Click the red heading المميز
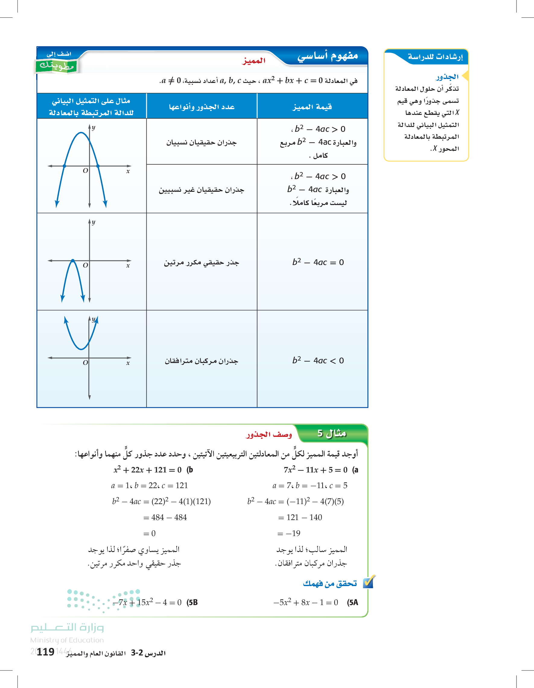pos(254,61)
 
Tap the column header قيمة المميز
pos(312,107)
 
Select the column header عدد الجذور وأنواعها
pos(202,107)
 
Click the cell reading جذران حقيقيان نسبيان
pos(202,143)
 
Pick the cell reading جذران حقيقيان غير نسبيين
pos(202,190)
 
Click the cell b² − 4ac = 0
pos(318,262)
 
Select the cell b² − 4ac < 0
pos(318,360)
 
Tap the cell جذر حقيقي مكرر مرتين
pos(202,263)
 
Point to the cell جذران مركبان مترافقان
pos(202,361)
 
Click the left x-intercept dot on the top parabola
pos(64,166)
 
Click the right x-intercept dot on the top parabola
pos(98,166)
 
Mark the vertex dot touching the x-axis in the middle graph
pos(73,261)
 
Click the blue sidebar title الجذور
pos(447,77)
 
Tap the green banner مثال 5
pos(332,434)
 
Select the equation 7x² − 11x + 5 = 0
pos(315,470)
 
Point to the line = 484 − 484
pos(165,517)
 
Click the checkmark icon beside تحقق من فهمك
pos(368,583)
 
